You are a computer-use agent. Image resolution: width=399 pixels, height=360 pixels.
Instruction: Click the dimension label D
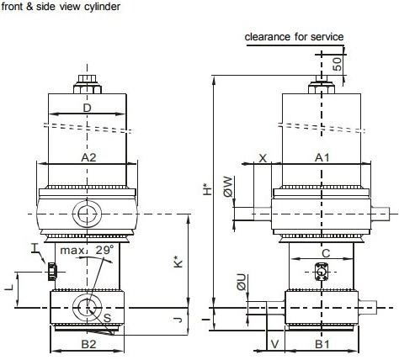(88, 108)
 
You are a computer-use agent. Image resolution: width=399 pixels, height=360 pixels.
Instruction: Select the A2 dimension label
(88, 158)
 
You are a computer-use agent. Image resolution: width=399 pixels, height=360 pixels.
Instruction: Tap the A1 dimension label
(322, 158)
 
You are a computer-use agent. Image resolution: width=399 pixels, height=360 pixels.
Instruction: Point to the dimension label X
(263, 158)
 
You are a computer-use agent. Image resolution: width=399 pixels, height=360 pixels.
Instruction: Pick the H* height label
(207, 189)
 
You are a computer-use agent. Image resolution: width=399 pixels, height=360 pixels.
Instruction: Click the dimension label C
(326, 253)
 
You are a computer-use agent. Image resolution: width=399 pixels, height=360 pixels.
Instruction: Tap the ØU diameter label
(242, 283)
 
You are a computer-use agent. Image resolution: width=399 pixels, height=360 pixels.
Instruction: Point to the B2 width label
(88, 344)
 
